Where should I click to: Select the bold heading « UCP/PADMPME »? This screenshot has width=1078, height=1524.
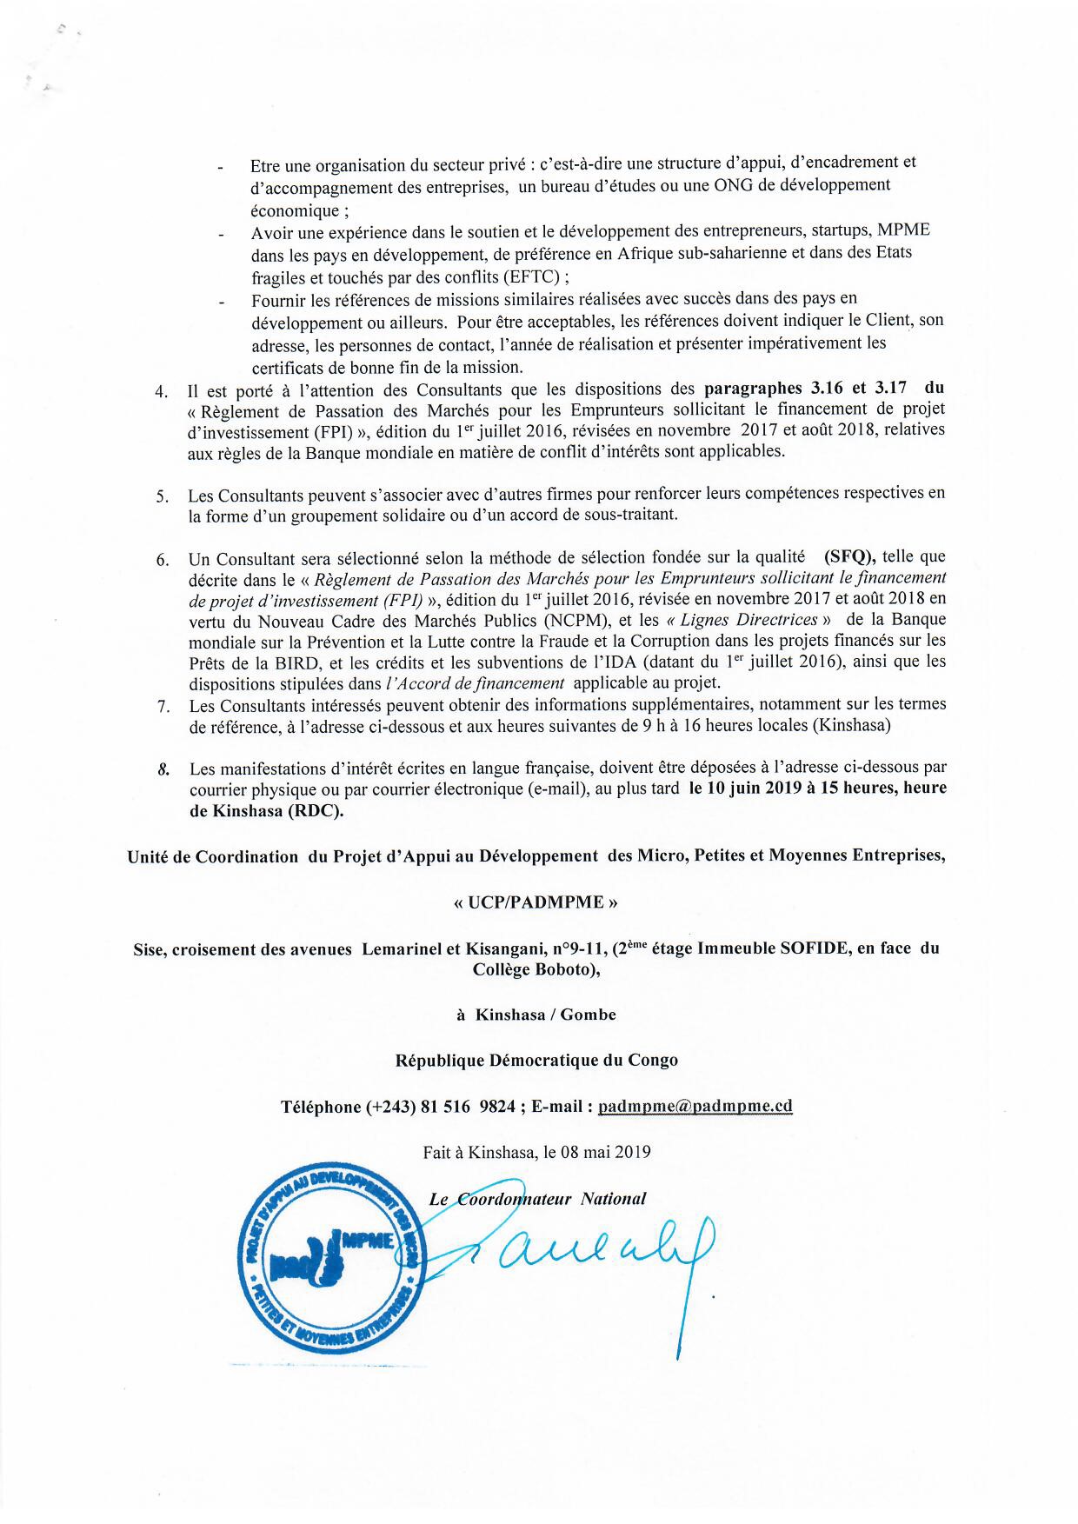536,902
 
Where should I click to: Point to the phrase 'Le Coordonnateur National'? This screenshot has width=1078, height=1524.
537,1199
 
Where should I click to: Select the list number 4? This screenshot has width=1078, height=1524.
161,390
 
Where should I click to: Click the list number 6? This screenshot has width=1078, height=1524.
163,559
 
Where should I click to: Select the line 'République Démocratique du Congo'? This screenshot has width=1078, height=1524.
536,1060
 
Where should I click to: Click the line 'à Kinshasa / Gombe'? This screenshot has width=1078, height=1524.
536,1014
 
